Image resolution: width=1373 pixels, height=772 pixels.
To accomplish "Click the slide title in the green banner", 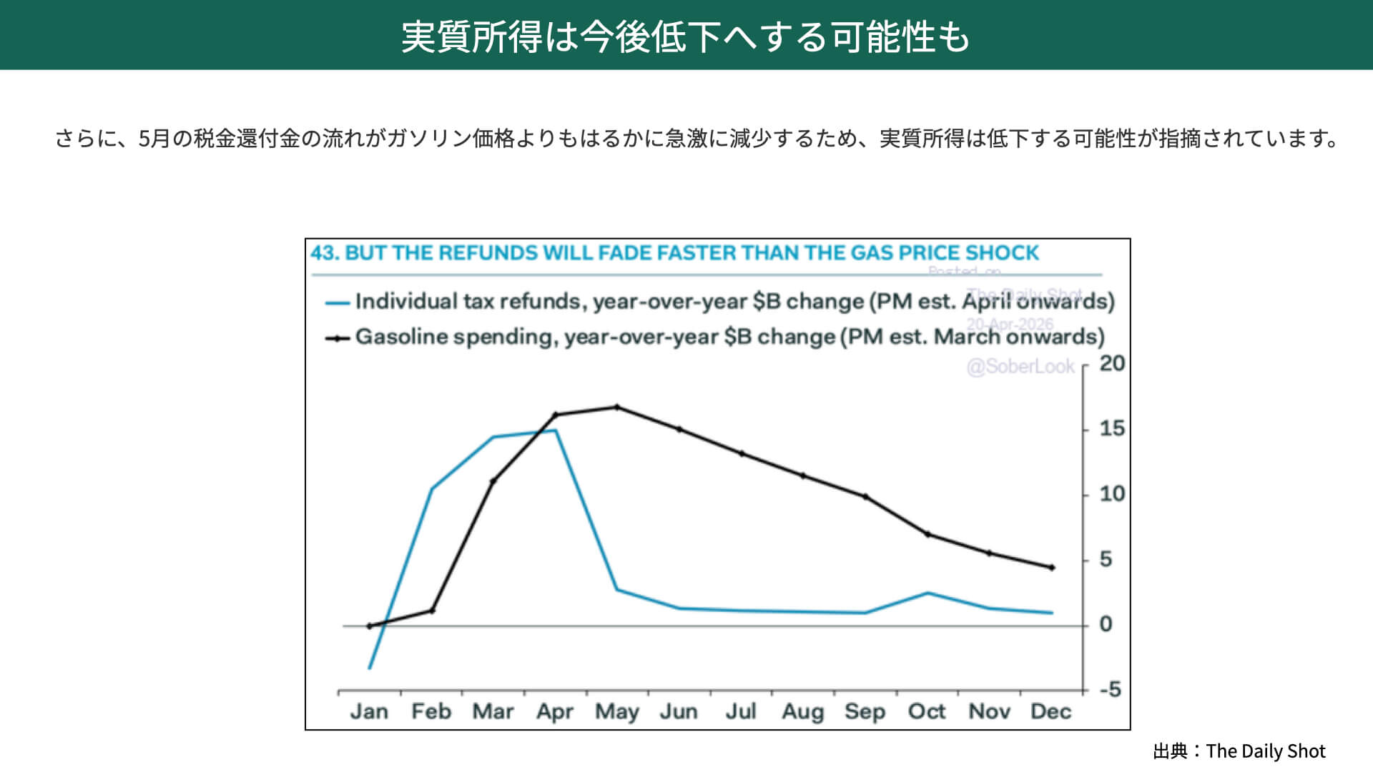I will click(685, 36).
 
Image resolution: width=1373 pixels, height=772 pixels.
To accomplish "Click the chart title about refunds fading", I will click(674, 253).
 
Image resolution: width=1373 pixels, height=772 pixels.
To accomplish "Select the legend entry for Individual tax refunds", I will click(734, 302).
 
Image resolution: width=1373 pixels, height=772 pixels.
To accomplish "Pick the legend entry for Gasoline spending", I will click(729, 337).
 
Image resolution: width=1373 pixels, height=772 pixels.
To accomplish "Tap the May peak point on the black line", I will click(617, 407).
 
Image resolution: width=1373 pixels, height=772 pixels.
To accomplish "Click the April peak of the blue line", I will click(555, 430).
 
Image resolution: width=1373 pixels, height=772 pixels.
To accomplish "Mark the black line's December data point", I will click(1051, 568).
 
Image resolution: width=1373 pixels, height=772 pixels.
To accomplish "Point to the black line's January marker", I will click(370, 626).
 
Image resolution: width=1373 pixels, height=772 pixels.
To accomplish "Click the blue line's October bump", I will click(927, 593).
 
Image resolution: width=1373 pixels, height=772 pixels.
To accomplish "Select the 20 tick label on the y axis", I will click(1112, 364).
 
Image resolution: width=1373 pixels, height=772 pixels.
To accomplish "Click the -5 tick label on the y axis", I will click(1111, 690).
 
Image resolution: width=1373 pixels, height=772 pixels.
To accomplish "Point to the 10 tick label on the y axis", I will click(1112, 494).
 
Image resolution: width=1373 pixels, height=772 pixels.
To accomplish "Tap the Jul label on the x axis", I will click(740, 711).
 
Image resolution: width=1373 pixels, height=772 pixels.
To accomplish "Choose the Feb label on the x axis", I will click(431, 711).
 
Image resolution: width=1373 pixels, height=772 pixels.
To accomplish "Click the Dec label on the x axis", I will click(1050, 711).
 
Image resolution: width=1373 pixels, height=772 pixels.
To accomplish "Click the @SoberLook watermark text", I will click(1020, 367).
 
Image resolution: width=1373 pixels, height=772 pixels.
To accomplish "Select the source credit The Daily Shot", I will click(1265, 751).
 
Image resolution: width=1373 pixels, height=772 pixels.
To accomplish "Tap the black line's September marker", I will click(865, 497).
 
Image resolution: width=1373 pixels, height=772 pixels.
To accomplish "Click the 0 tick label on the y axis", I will click(1106, 625).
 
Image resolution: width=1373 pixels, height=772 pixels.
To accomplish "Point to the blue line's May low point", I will click(617, 590).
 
